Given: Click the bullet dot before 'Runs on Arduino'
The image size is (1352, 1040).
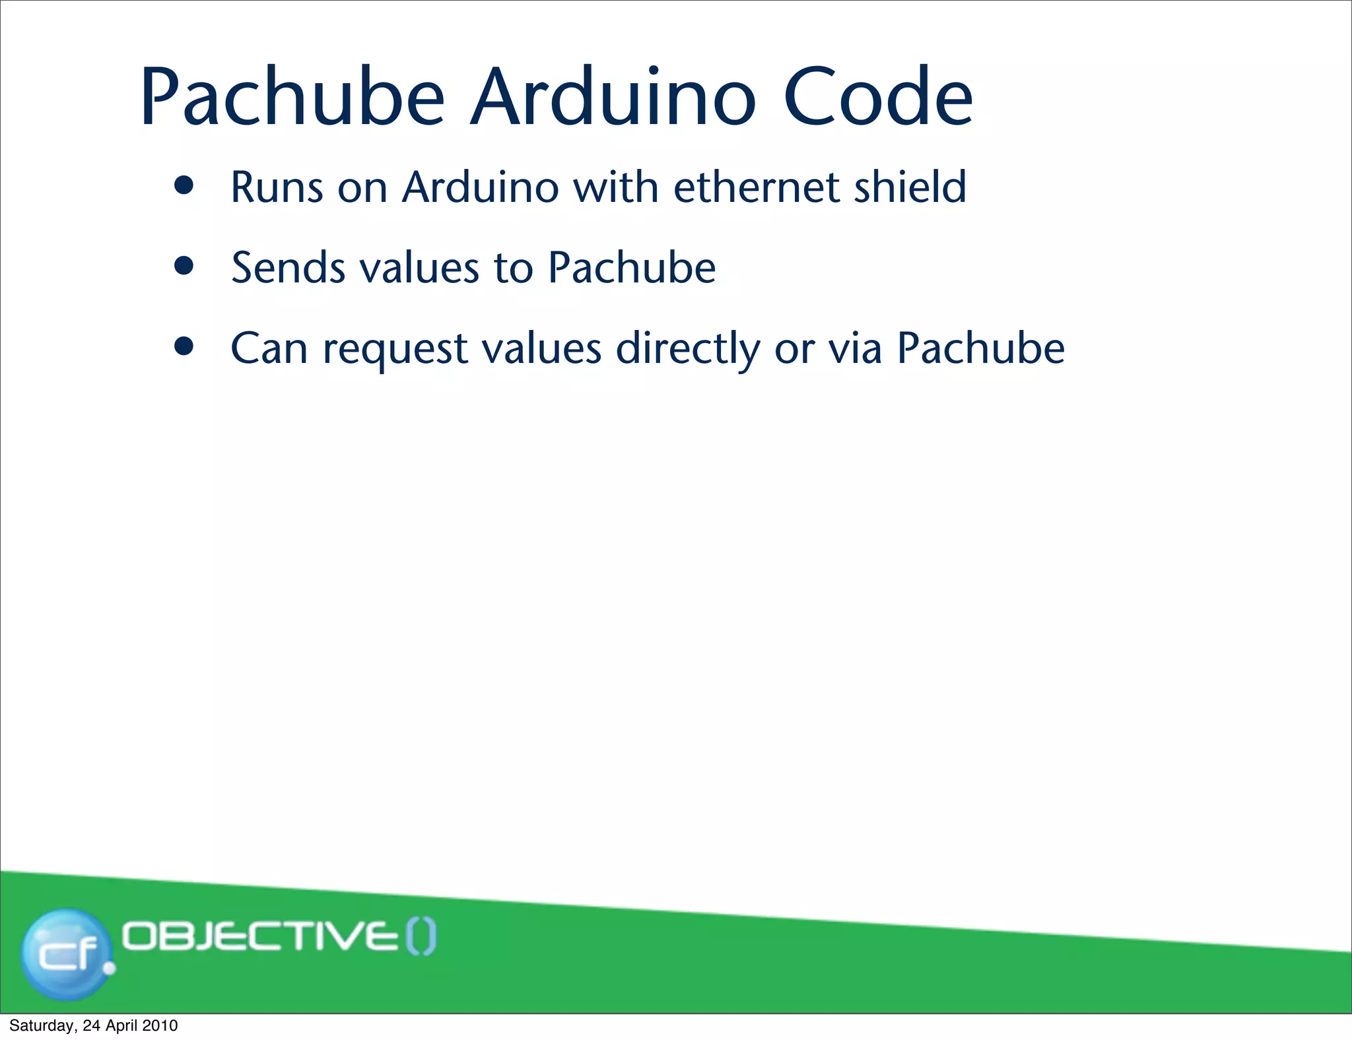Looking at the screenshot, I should coord(184,186).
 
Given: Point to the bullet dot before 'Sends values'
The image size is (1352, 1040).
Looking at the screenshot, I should coord(184,267).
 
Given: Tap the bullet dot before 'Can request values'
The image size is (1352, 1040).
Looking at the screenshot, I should coord(184,347).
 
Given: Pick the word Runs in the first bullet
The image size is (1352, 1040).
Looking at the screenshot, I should coord(277,187).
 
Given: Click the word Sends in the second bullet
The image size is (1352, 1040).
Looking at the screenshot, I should coord(288,268).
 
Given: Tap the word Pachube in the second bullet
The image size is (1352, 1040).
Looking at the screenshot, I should coord(632,268).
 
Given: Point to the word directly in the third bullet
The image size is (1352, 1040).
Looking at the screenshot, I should coord(688,350).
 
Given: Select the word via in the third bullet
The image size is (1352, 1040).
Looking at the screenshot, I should coord(855,348).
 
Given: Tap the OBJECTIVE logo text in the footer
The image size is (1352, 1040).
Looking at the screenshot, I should coord(261,936).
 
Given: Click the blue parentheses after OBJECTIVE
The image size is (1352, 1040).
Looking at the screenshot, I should coord(421,937).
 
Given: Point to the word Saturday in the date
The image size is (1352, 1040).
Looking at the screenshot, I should coord(41,1025).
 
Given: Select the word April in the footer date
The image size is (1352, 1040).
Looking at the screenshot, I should coord(123,1025).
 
